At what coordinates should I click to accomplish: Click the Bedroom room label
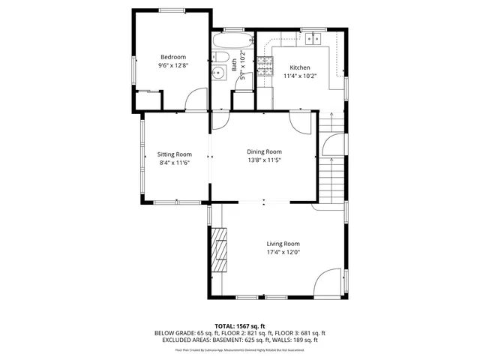[172, 57]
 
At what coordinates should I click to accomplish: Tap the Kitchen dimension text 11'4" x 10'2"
[299, 76]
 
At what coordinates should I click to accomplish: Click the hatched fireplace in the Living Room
[219, 252]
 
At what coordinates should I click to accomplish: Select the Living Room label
[283, 244]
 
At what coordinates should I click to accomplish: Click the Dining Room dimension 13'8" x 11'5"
[264, 160]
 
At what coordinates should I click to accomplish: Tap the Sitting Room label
[174, 154]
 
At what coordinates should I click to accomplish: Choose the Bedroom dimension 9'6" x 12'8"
[172, 66]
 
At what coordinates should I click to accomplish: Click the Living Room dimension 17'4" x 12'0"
[283, 253]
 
